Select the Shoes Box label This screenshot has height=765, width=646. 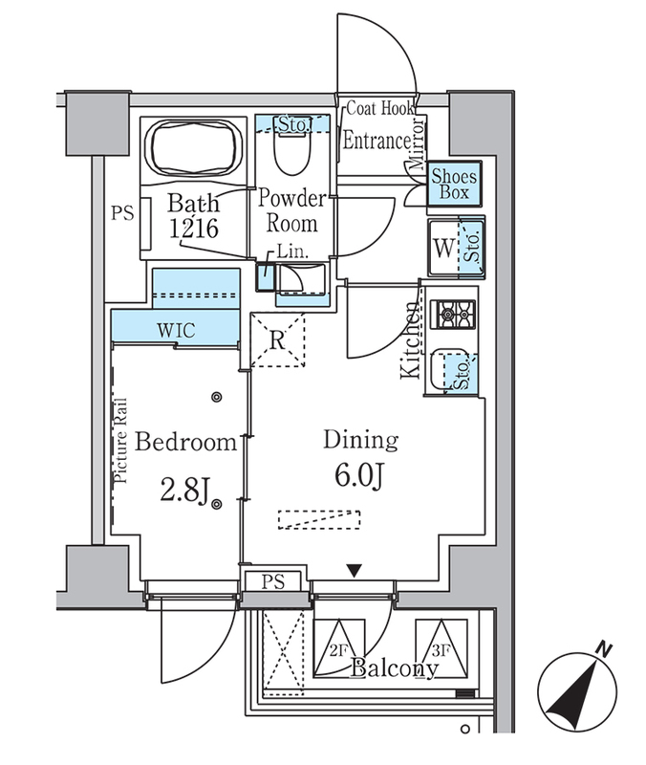[454, 184]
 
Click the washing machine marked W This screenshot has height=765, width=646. [444, 248]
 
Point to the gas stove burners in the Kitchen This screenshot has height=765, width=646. [452, 315]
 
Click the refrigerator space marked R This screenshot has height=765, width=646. [277, 340]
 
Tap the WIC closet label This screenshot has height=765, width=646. [176, 331]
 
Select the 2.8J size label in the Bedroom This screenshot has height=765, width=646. [184, 491]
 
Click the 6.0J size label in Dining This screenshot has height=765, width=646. [359, 475]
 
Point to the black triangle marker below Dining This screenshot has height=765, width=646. [355, 570]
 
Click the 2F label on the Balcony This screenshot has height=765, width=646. [338, 650]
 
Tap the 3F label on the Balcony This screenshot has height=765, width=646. [441, 650]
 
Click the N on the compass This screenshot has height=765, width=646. [605, 649]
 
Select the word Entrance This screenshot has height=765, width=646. [377, 141]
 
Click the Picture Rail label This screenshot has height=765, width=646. [120, 441]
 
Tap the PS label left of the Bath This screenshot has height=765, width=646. [122, 213]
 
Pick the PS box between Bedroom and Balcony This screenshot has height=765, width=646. [272, 581]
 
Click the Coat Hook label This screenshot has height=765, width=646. [379, 108]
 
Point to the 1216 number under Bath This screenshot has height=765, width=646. [194, 229]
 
